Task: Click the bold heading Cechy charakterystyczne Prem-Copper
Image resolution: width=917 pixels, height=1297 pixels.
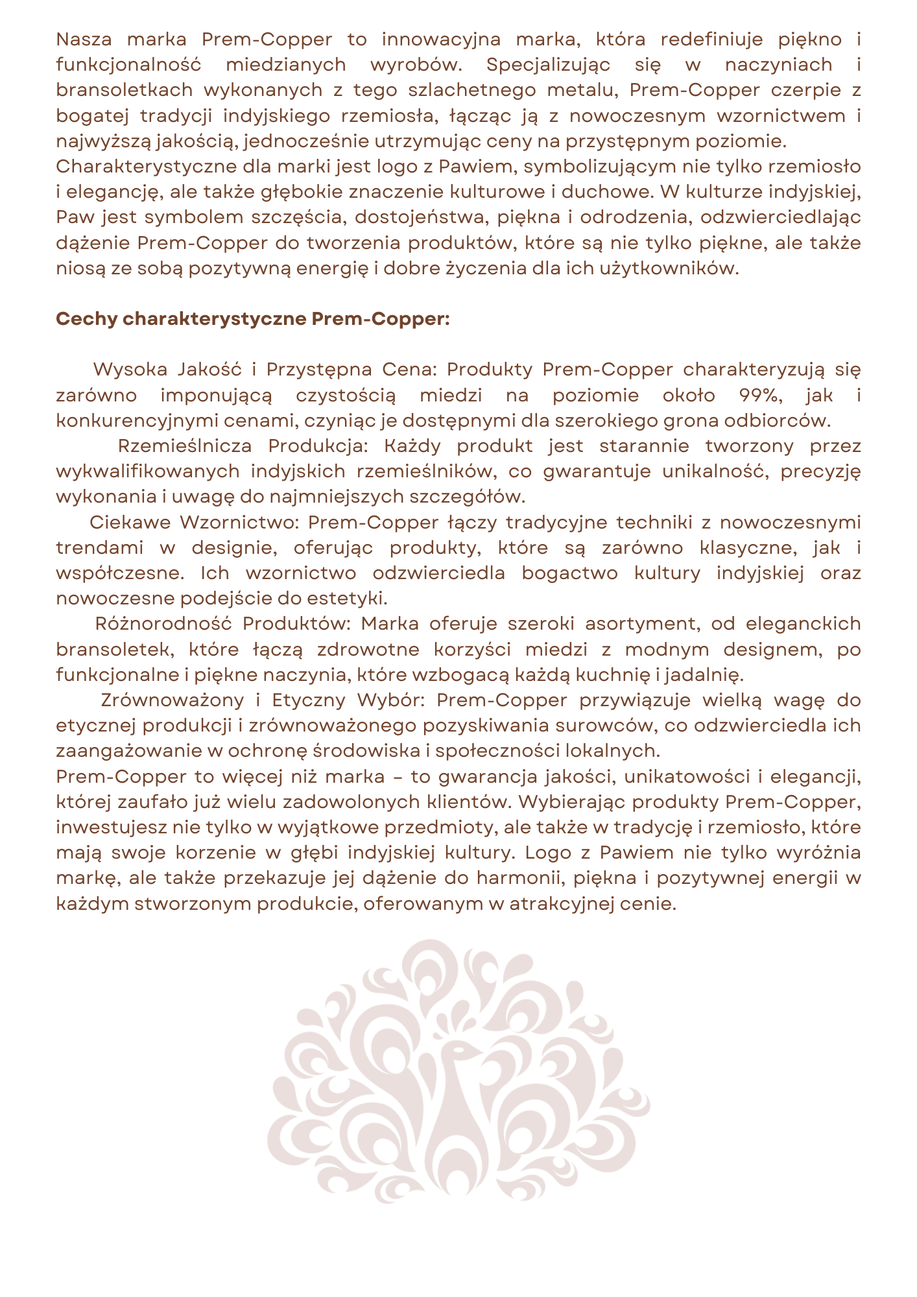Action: (253, 319)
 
